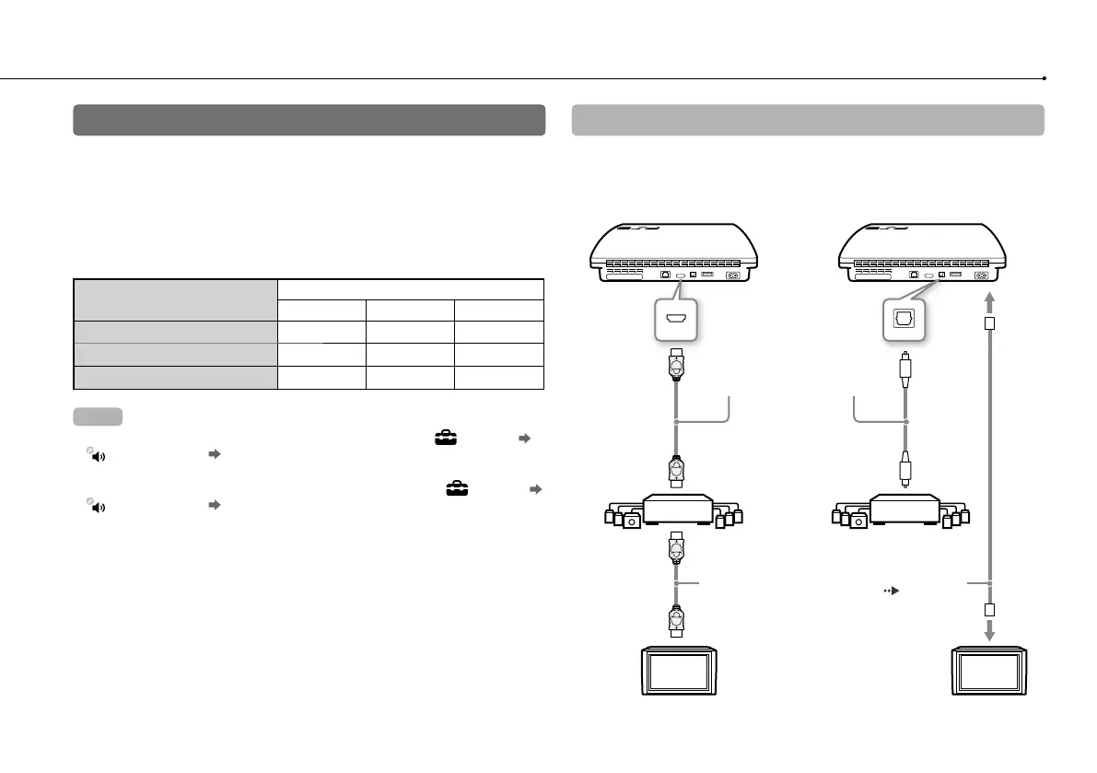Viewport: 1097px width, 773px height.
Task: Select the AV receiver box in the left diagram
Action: (677, 509)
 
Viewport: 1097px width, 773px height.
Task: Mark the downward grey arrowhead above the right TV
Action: (990, 632)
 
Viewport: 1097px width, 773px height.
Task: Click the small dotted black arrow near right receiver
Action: (891, 582)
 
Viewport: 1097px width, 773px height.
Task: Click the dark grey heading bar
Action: (309, 120)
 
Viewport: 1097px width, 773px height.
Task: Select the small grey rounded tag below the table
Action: (97, 416)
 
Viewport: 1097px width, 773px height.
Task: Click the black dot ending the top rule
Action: (1044, 78)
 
